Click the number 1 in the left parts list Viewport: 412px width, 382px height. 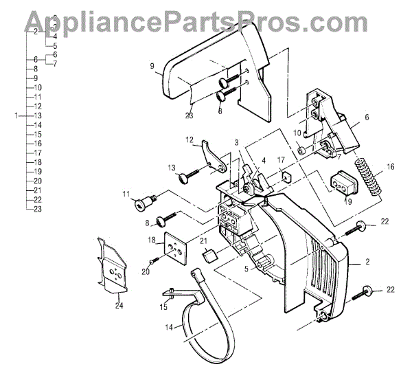pos(16,116)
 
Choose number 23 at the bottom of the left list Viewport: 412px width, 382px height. pos(38,209)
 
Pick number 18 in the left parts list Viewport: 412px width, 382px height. pos(38,161)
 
